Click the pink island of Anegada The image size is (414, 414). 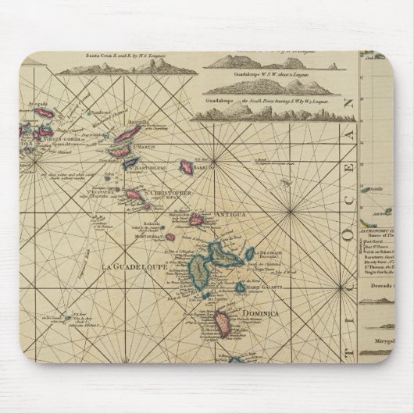pos(45,114)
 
